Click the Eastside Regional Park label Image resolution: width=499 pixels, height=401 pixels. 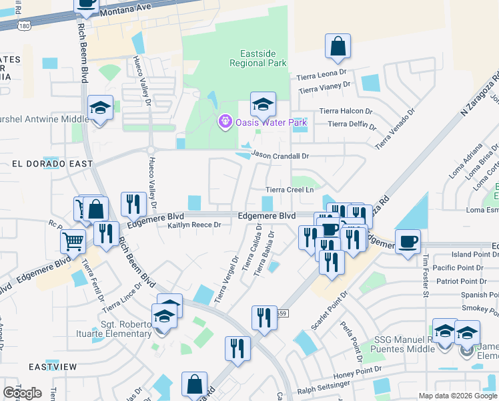(x=258, y=58)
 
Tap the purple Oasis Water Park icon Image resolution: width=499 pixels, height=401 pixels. (x=225, y=122)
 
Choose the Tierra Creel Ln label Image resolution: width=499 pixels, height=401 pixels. (x=290, y=190)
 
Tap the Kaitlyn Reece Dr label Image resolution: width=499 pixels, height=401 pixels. (x=193, y=225)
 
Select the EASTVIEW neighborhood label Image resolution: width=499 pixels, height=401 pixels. (x=53, y=367)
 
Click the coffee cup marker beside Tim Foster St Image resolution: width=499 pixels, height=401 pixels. (x=408, y=241)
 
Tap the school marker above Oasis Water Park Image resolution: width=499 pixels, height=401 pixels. (x=263, y=104)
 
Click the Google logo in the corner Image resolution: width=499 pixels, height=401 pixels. (x=22, y=393)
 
